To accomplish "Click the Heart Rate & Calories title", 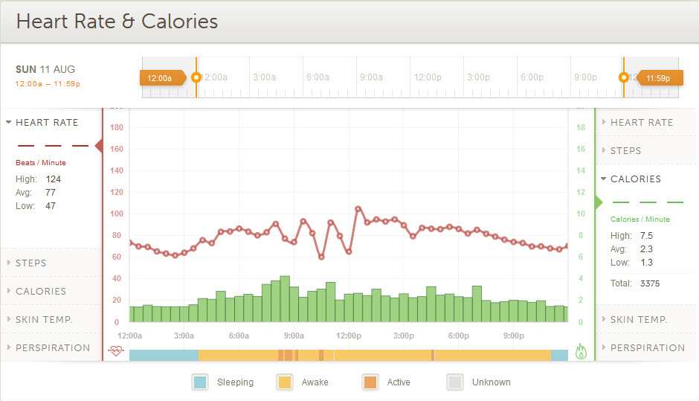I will tap(117, 21).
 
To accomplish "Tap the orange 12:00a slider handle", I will tap(161, 77).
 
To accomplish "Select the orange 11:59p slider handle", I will tap(657, 77).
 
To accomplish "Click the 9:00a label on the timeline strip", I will tap(370, 77).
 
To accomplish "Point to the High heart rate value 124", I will tap(53, 179).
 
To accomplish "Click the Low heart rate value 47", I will tap(51, 206).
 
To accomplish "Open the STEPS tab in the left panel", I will tap(30, 263).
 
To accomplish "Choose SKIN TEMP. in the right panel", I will tap(639, 320).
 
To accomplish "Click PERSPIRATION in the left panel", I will tap(53, 348).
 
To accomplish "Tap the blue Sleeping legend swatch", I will tap(200, 382).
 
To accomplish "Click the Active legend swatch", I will tap(370, 382).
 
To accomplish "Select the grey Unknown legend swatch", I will tap(455, 382).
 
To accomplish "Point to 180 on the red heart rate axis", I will tap(116, 128).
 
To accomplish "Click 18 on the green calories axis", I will tap(581, 128).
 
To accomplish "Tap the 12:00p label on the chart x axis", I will tap(349, 336).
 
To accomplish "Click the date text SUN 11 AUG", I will tap(45, 69).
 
